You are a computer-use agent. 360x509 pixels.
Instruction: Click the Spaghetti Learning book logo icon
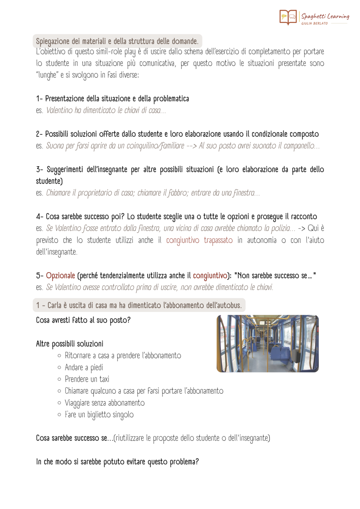pos(288,17)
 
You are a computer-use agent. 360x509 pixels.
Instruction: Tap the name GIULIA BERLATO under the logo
pos(314,24)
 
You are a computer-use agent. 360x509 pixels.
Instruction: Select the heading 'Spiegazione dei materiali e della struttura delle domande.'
pos(117,41)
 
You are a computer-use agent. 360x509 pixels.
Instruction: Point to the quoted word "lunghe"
pos(47,75)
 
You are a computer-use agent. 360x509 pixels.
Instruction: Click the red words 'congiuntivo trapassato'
pos(199,240)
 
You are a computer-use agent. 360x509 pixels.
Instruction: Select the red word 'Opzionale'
pos(61,275)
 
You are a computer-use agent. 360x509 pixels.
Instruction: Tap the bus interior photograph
pos(267,344)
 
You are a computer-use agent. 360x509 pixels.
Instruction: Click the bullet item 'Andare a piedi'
pos(84,367)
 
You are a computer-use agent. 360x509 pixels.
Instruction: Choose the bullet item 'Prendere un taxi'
pos(87,379)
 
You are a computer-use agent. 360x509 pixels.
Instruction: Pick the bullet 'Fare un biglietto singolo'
pos(99,414)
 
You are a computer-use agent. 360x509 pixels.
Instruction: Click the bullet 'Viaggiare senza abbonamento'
pos(105,403)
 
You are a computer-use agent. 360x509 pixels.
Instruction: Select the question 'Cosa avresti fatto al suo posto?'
pos(83,320)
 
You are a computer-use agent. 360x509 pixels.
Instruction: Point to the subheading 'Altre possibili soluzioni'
pos(69,344)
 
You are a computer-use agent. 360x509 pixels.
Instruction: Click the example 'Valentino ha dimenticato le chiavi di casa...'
pos(106,110)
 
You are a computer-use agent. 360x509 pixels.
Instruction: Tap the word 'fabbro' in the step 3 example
pos(178,193)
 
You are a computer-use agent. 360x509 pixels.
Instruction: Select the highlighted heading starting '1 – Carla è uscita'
pos(139,305)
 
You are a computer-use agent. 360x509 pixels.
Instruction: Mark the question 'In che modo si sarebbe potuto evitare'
pos(117,462)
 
